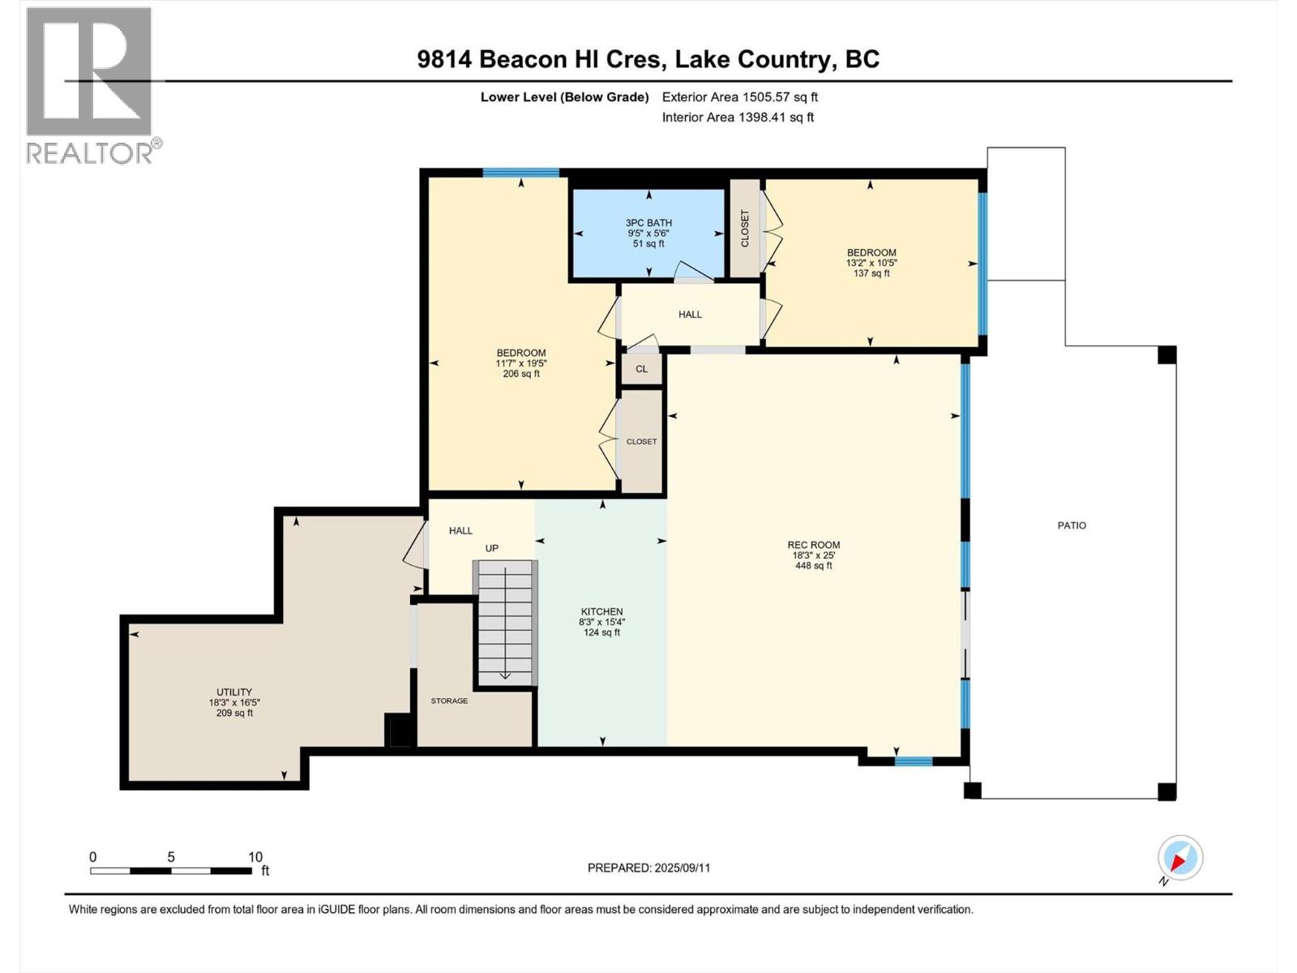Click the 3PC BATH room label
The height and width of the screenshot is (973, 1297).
pos(648,223)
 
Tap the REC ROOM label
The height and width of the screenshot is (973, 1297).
pos(813,546)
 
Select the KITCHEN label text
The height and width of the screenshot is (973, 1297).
pos(601,612)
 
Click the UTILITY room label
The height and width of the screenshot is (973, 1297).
pos(234,692)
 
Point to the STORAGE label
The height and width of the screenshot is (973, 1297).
pos(449,701)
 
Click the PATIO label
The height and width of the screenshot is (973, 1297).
pos(1072,525)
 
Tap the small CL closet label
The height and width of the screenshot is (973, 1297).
pos(641,369)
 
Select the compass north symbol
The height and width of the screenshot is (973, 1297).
pos(1179,858)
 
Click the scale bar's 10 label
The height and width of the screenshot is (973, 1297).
pos(255,857)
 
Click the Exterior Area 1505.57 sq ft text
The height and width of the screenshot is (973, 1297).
pos(739,97)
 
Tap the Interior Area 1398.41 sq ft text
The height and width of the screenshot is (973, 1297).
pos(738,118)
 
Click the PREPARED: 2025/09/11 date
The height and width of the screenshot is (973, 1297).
pos(648,868)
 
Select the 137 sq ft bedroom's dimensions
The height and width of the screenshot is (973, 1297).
pos(871,263)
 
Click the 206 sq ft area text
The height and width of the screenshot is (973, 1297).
pos(521,374)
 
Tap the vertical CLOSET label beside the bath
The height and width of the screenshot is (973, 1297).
pos(745,229)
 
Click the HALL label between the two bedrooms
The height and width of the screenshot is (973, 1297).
pos(690,315)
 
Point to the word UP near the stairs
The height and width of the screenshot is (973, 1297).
pos(492,548)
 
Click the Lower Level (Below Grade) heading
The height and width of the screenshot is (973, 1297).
pos(564,97)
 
